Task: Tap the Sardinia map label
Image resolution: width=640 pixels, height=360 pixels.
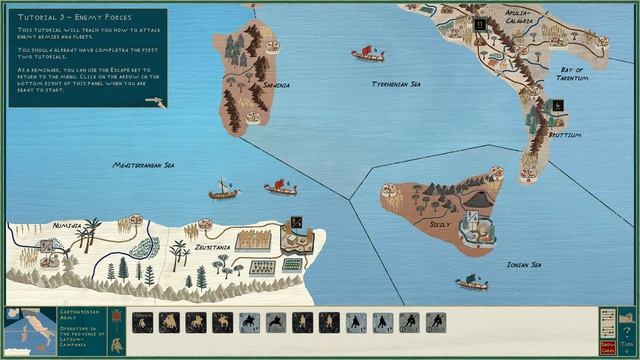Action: click(276, 85)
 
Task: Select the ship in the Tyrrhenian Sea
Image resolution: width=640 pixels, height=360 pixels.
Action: click(367, 52)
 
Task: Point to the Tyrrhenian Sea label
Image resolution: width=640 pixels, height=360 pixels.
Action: click(395, 84)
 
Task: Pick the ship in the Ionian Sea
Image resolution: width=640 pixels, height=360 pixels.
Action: click(471, 283)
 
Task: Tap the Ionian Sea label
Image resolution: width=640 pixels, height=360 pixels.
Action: click(523, 265)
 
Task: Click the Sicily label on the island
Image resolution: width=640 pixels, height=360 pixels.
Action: click(440, 226)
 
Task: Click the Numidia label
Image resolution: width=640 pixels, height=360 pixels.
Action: click(67, 226)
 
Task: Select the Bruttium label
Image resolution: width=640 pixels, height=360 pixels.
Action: click(564, 134)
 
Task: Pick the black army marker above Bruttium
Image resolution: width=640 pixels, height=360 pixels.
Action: click(557, 105)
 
